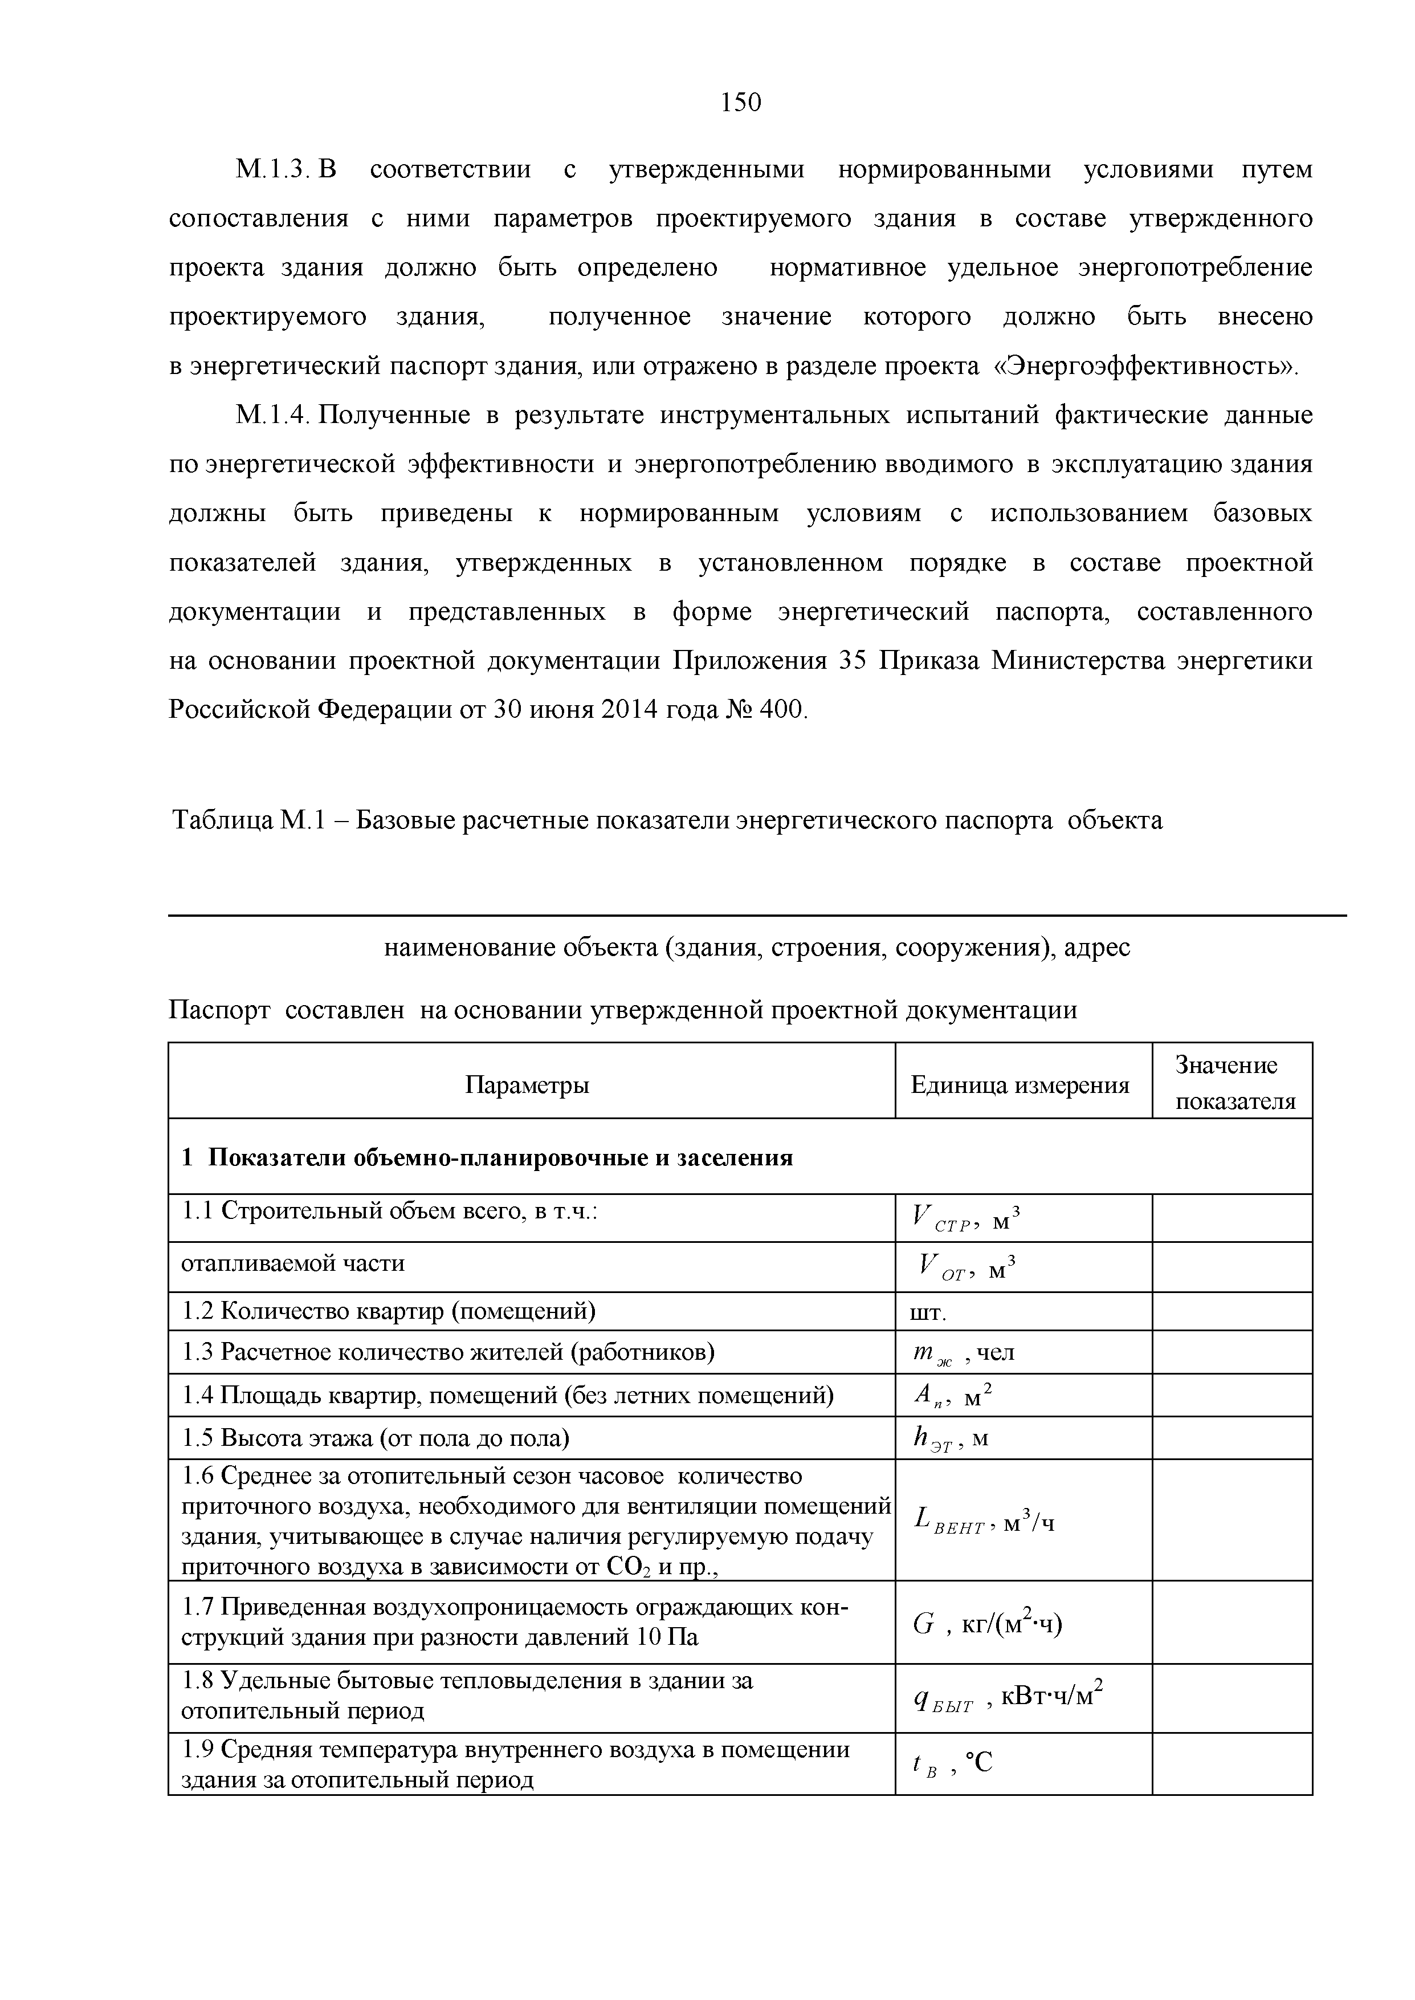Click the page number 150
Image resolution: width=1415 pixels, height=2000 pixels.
741,103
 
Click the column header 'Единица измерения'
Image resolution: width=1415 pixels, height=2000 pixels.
1020,1085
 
